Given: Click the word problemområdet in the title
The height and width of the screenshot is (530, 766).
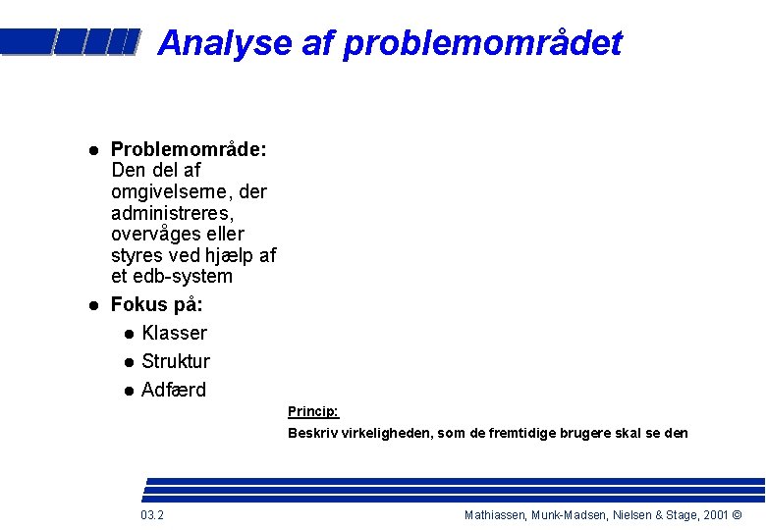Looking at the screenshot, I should (482, 43).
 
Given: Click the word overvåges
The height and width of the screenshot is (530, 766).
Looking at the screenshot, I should (155, 235).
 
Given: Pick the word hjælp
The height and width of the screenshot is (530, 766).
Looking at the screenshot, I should (227, 255).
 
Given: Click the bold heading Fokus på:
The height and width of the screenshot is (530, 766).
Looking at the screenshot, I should (157, 304).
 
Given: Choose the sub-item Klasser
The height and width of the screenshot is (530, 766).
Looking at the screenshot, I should (174, 333).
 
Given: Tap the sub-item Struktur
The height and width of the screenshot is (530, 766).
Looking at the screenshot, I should (176, 361).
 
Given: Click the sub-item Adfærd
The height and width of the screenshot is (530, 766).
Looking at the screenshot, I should (174, 390).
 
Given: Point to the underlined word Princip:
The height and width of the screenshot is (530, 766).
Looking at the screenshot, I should (312, 411).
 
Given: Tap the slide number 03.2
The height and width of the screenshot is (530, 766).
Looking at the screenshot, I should (152, 515).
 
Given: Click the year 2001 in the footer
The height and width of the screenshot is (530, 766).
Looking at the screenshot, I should (716, 515).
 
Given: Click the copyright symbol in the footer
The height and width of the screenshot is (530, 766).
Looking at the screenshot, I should (738, 515).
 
